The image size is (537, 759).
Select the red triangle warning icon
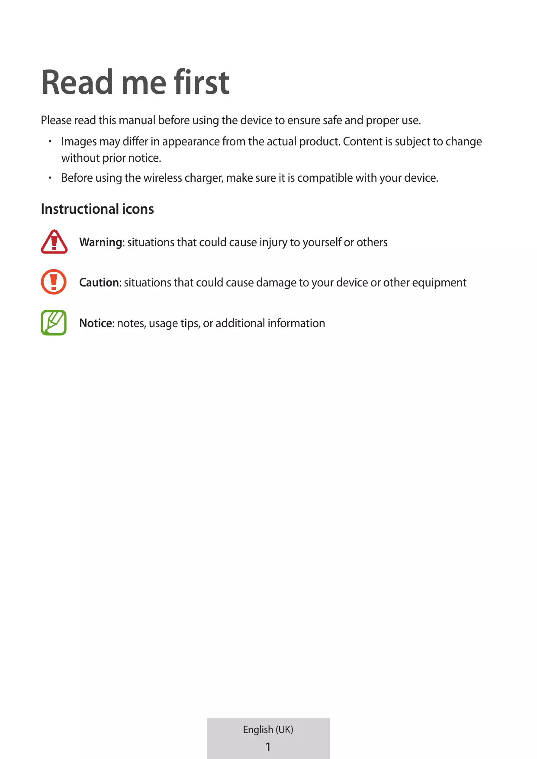(54, 242)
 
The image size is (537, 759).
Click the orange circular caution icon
(54, 282)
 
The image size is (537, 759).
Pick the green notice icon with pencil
(54, 322)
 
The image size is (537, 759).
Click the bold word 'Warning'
(101, 242)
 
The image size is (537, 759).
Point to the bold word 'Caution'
(99, 283)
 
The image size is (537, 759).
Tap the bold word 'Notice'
(96, 323)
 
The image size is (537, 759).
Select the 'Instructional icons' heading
(97, 209)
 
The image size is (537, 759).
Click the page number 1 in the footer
(268, 746)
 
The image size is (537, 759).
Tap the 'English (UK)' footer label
(268, 730)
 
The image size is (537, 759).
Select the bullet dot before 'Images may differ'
(50, 142)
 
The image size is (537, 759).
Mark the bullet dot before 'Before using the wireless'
(50, 178)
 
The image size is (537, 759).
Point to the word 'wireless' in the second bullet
(162, 178)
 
